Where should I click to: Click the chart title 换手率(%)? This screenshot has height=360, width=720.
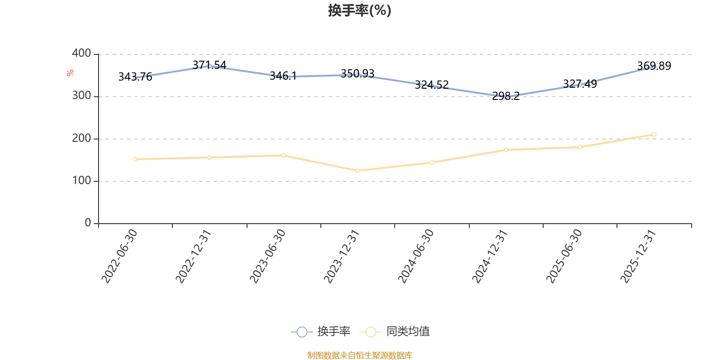pos(360,10)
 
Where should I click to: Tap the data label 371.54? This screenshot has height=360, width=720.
pos(209,65)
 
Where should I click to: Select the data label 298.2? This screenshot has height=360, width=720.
pos(506,96)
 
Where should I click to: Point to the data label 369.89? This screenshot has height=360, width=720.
pos(654,66)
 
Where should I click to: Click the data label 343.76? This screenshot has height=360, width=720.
pos(135,77)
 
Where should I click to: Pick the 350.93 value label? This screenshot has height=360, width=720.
pos(357,74)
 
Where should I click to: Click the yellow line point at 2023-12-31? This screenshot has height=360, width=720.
pos(358,171)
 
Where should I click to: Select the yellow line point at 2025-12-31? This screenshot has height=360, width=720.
pos(654,135)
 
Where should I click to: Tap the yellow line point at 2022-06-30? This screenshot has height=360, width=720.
pos(135,159)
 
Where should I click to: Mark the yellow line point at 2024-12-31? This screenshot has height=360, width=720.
pos(506,150)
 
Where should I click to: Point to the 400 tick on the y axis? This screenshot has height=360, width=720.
pos(81,54)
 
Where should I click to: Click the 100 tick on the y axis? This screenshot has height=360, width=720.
pos(81,181)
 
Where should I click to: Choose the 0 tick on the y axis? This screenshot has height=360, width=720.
pos(88,223)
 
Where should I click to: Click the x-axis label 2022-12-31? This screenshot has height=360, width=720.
pos(193,256)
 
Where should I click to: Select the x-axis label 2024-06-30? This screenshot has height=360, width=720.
pos(416,256)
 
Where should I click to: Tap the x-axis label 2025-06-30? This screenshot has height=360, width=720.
pos(564,256)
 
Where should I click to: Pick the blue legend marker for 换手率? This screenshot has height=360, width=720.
pos(302,332)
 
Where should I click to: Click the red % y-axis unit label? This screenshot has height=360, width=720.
pos(70,73)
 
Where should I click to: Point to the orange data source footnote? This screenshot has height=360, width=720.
pos(360,355)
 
